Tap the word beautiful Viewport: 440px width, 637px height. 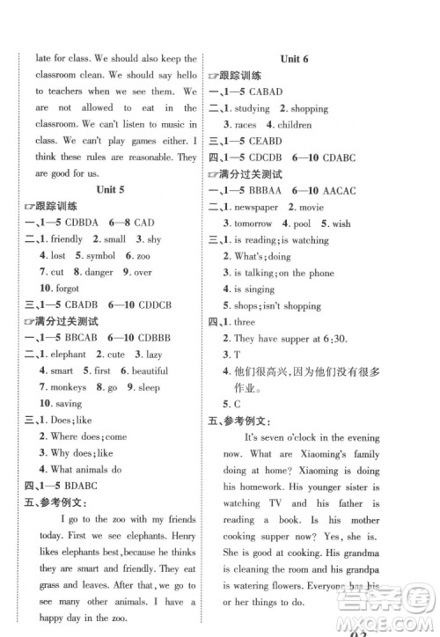pos(150,370)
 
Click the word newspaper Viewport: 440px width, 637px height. pos(256,207)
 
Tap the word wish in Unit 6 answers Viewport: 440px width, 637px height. pos(341,223)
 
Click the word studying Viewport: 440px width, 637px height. pos(253,108)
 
